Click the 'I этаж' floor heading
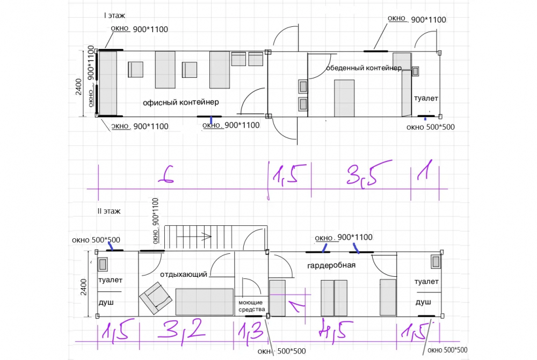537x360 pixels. tap(115, 16)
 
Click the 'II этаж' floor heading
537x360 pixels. tap(109, 211)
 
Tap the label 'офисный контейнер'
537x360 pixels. tap(180, 102)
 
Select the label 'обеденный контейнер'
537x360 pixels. tap(364, 68)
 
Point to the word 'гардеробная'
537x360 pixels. tap(331, 265)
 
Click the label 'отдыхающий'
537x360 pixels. tap(184, 275)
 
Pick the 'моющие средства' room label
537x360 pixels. tap(251, 306)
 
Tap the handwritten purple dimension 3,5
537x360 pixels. tap(368, 173)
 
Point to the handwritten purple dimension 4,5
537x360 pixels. tap(335, 330)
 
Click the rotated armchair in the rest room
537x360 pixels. tap(156, 298)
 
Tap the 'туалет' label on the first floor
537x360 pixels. tap(426, 98)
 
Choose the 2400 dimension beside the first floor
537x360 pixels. tap(79, 87)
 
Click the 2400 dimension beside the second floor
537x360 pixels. tap(84, 287)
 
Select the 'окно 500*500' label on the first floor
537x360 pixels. tap(431, 127)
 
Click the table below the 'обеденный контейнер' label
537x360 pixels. tap(344, 98)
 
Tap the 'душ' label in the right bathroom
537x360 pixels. tap(423, 302)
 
